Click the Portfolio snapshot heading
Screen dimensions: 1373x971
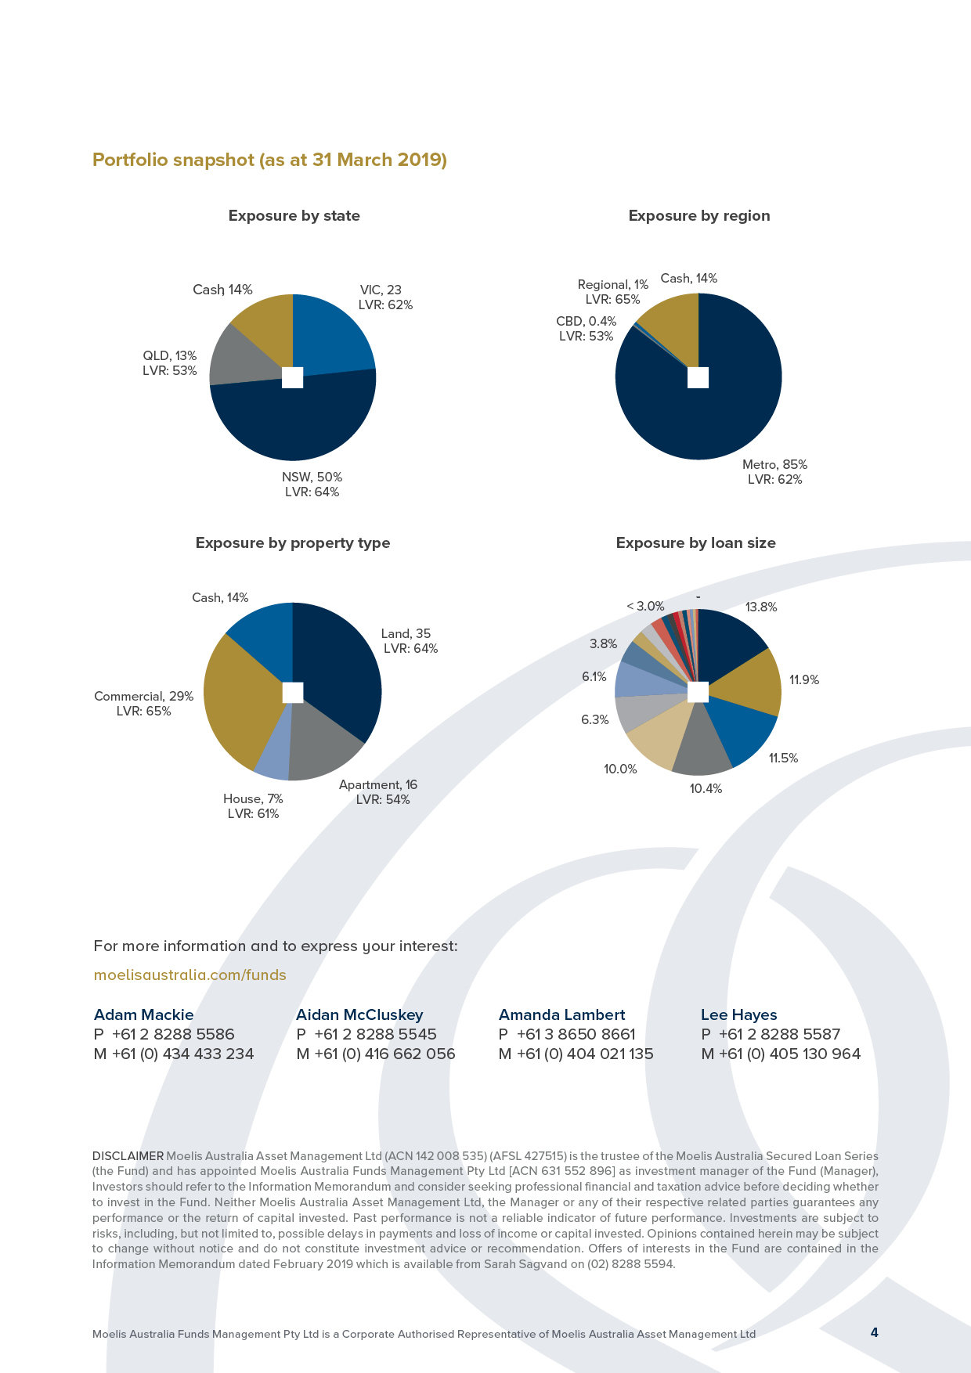(x=269, y=160)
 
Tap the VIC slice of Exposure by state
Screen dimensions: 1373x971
(x=333, y=333)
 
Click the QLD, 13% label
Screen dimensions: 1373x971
(x=170, y=363)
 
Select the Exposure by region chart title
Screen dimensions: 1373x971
(x=698, y=216)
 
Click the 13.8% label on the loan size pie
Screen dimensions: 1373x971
(x=761, y=607)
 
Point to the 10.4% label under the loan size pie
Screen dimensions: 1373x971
(x=706, y=789)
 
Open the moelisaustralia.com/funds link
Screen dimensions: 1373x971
(x=190, y=975)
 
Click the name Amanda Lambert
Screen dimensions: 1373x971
(x=561, y=1015)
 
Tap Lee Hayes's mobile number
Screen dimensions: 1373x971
(x=789, y=1054)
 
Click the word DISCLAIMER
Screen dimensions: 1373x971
(x=128, y=1156)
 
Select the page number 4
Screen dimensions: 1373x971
(x=874, y=1332)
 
